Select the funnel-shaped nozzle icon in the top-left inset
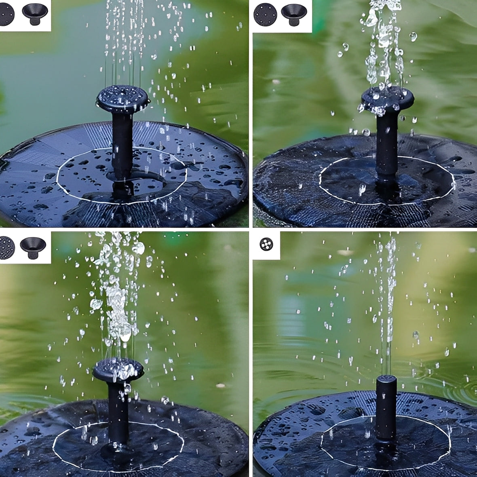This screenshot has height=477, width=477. click(35, 14)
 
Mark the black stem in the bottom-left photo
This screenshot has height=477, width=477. click(118, 412)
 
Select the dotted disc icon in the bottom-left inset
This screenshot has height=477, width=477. click(7, 247)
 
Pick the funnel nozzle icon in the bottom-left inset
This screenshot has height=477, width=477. click(33, 247)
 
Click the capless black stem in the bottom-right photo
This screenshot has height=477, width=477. click(386, 408)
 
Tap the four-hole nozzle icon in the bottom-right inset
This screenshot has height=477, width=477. click(266, 244)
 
